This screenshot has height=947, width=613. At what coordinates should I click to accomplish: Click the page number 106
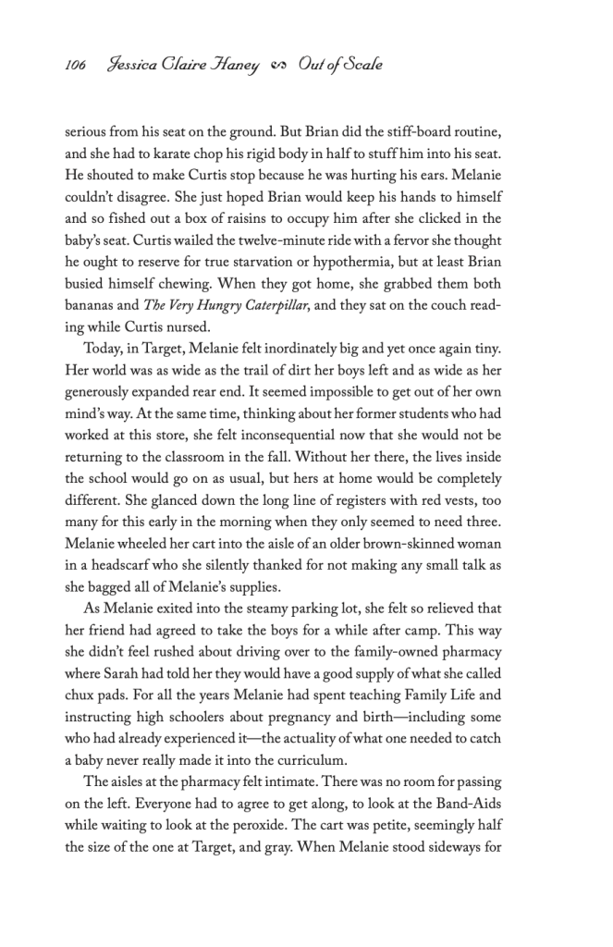click(75, 66)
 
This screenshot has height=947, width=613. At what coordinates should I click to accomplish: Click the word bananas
click(92, 307)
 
